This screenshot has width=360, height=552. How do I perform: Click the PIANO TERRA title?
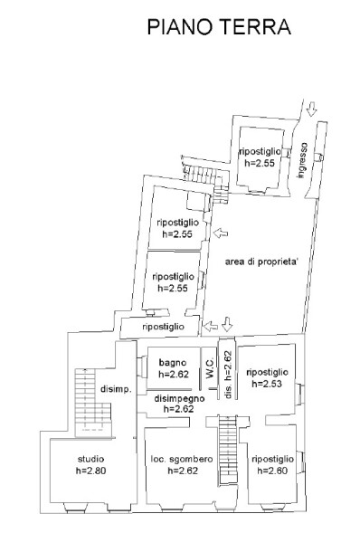[x=219, y=27]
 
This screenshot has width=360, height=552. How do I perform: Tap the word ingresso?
[x=301, y=160]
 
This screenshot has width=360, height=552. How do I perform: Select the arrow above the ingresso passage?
[x=311, y=109]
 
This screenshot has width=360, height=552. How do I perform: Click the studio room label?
[x=90, y=459]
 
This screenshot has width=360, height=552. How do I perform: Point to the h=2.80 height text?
[x=90, y=471]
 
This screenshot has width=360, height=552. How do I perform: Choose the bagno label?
[x=173, y=363]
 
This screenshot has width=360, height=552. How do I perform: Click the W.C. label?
[x=210, y=368]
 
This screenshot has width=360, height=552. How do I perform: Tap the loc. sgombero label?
[x=182, y=459]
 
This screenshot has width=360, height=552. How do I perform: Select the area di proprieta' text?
[x=261, y=262]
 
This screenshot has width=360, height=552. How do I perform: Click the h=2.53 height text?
[x=267, y=384]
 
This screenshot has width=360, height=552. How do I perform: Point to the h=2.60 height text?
[x=272, y=471]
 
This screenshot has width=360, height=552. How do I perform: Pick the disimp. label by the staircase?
[x=116, y=389]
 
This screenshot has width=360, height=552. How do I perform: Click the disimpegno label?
[x=179, y=398]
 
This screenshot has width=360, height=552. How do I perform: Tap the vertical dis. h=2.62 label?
[x=228, y=375]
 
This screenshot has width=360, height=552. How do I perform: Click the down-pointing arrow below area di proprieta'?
[x=227, y=324]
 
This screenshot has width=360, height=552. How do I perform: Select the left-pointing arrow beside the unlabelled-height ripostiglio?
[x=211, y=327]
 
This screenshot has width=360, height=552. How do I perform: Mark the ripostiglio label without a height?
[x=164, y=327]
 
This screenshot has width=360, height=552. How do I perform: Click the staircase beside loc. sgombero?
[x=227, y=450]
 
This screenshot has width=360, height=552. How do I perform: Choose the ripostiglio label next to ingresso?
[x=261, y=152]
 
